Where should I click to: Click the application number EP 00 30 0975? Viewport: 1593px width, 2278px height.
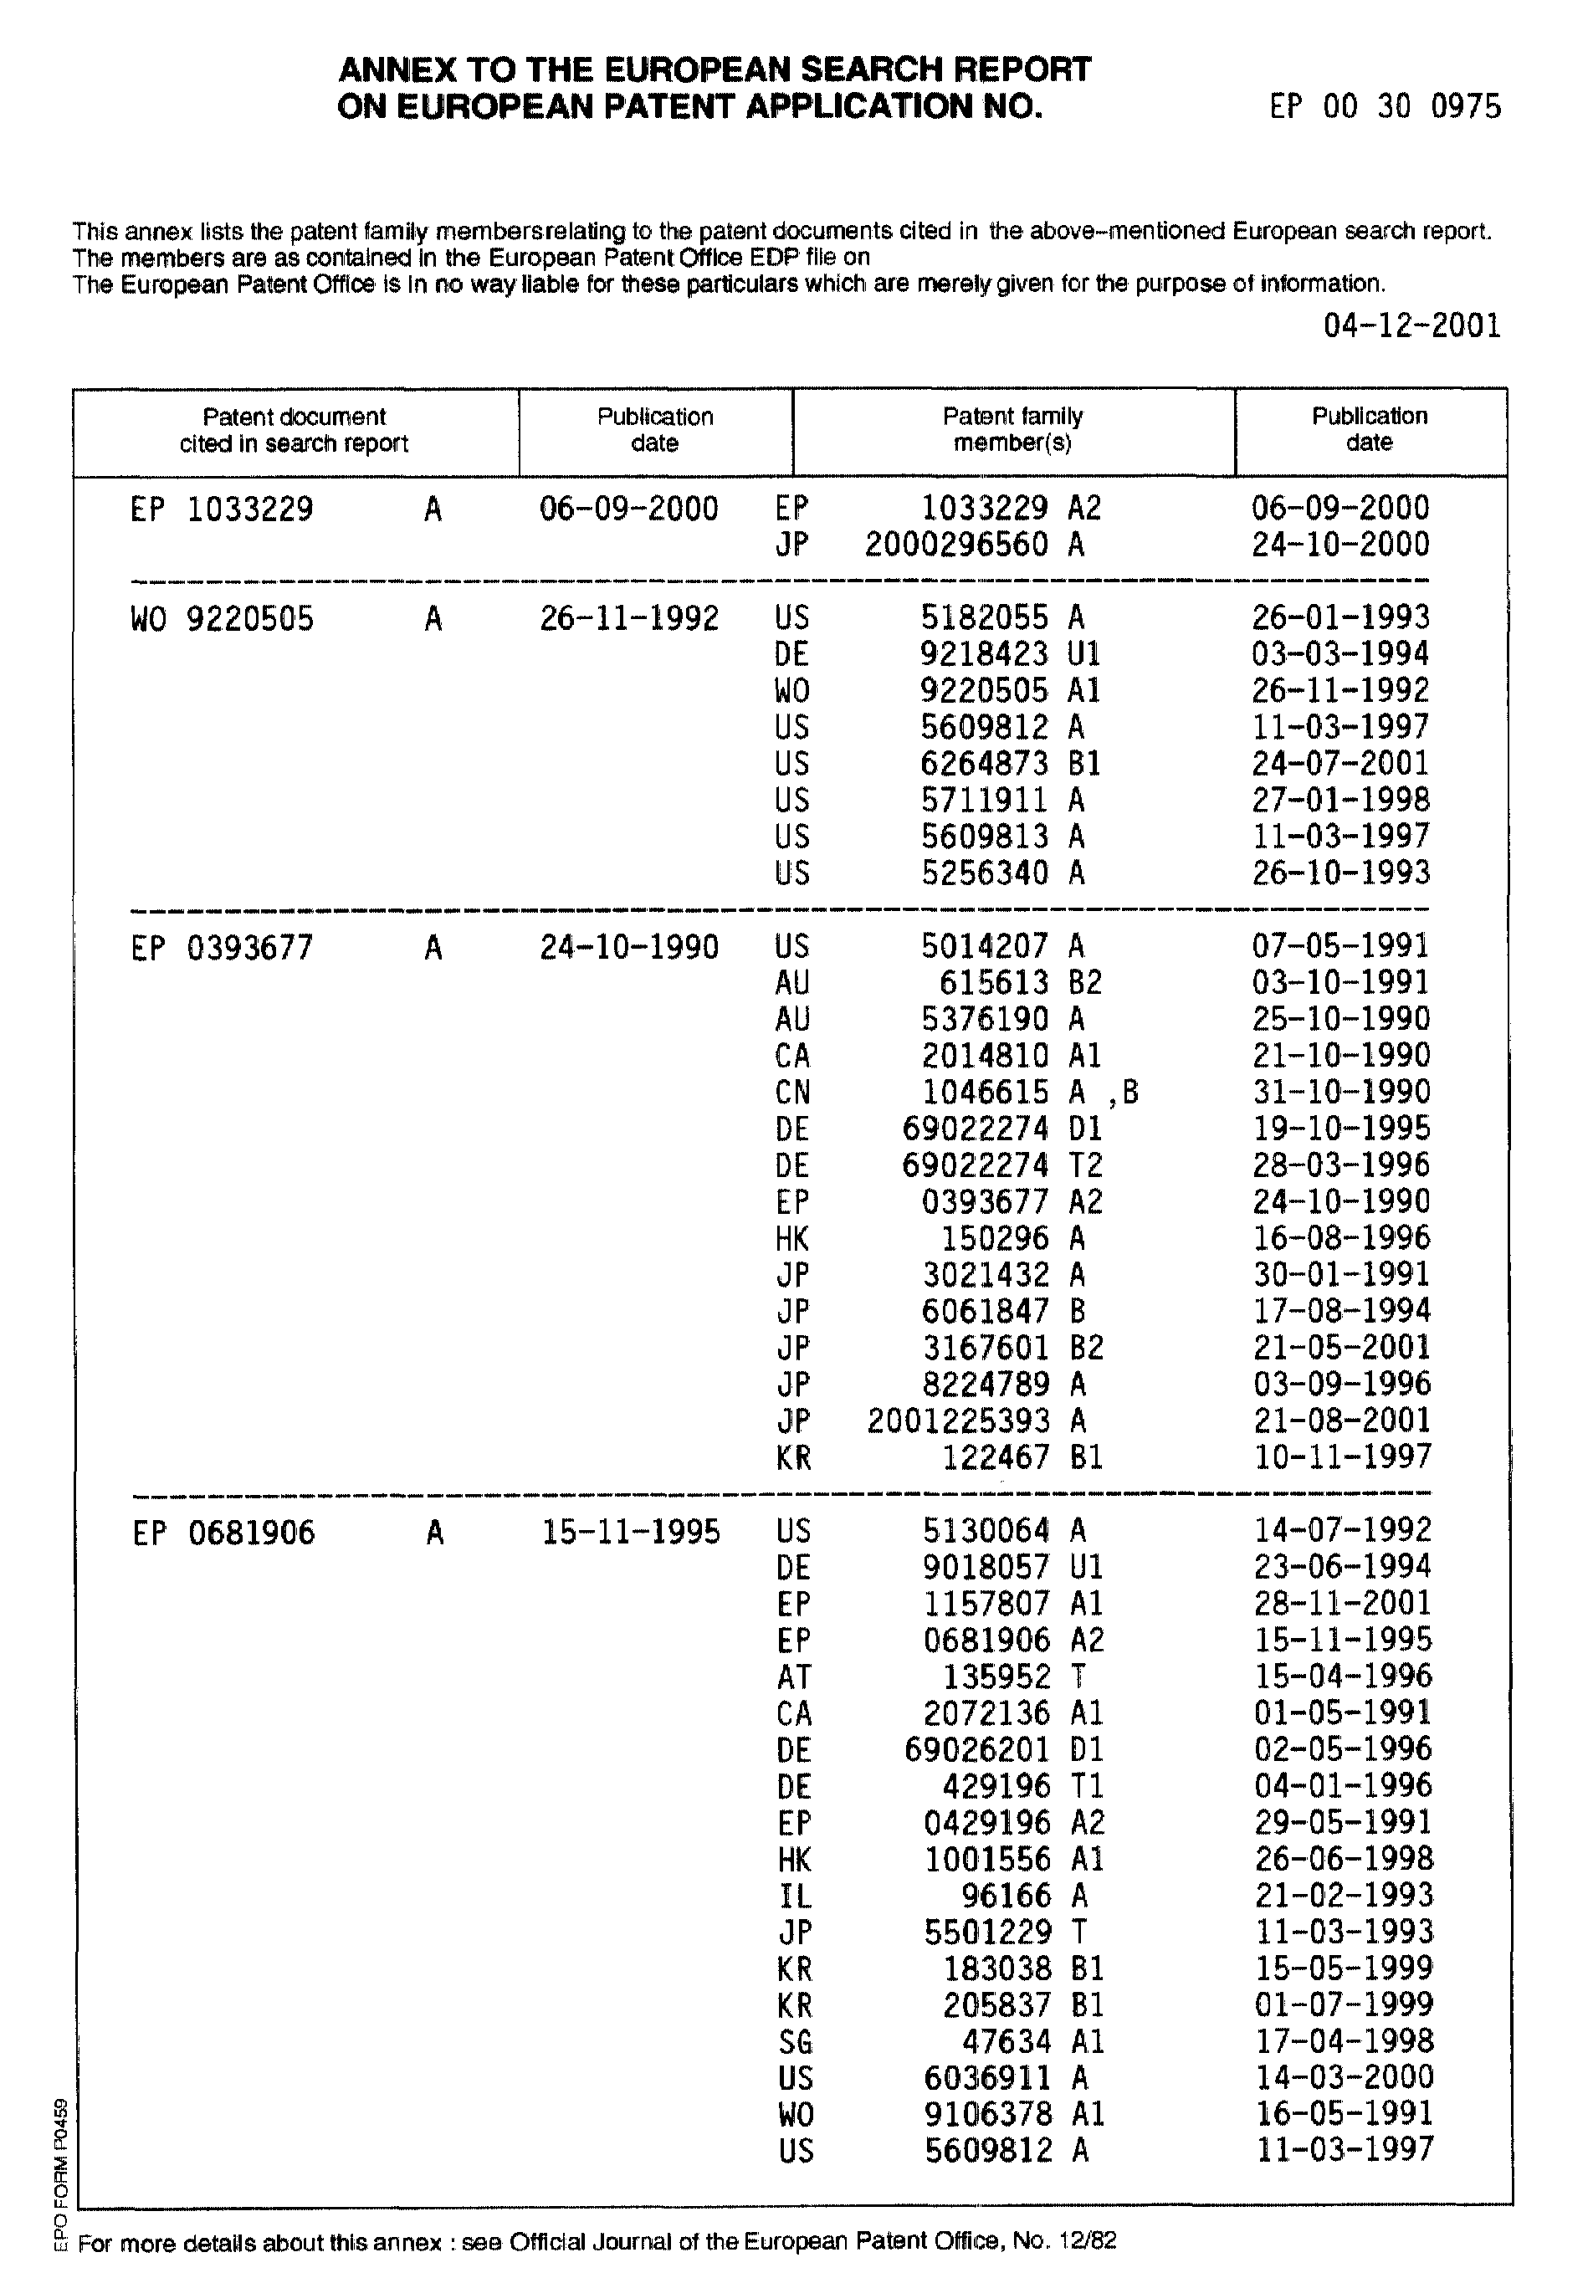tap(1385, 106)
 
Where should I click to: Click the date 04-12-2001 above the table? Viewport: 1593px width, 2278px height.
tap(1411, 325)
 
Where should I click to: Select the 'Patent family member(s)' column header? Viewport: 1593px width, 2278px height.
tap(1012, 428)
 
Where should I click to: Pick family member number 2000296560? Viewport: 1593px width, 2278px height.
tap(955, 545)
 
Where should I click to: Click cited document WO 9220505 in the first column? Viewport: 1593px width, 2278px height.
tap(222, 619)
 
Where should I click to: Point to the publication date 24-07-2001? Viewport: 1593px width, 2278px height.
tap(1339, 763)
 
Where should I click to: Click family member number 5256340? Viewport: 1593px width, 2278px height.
tap(984, 873)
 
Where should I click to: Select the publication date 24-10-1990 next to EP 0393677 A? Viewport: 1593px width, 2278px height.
tap(629, 946)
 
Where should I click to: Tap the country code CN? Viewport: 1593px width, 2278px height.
tap(792, 1093)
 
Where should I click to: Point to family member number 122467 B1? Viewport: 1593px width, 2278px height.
tap(1022, 1457)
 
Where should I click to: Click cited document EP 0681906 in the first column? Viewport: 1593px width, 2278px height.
tap(223, 1533)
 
